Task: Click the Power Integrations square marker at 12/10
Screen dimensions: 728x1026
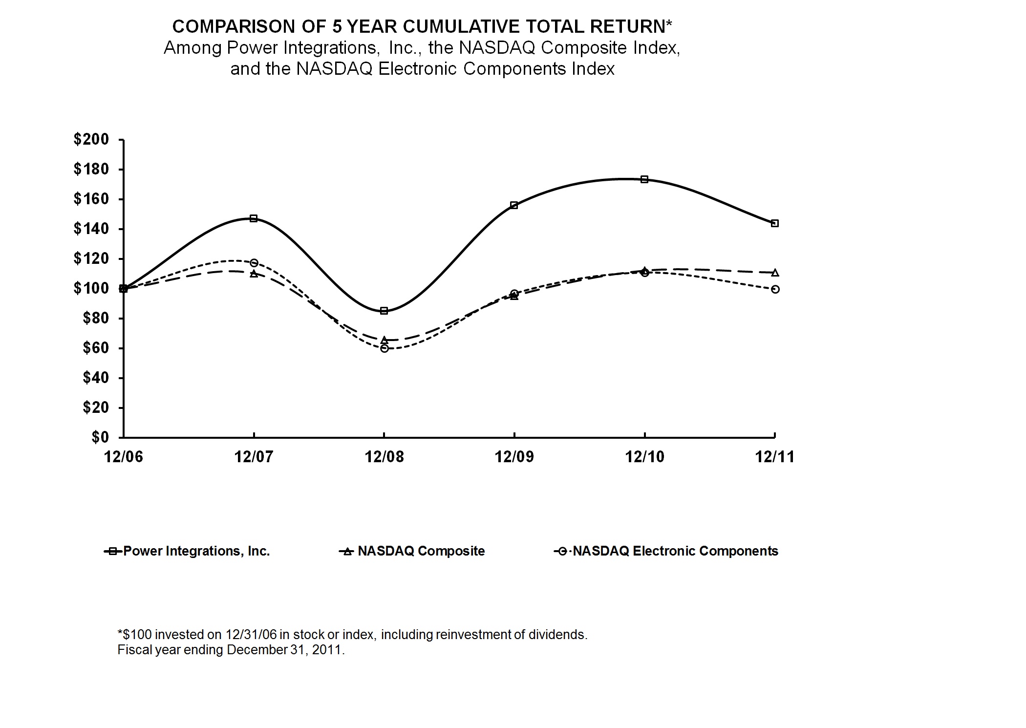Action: [x=644, y=179]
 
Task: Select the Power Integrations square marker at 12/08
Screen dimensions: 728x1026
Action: [x=384, y=311]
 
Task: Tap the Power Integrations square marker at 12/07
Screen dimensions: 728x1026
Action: [x=254, y=218]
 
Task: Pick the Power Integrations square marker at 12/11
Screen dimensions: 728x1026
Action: [x=774, y=223]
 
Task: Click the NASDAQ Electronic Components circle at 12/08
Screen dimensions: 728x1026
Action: [x=384, y=348]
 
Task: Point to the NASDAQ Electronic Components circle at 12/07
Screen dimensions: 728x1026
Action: [x=254, y=263]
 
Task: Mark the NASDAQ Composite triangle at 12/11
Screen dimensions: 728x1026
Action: [x=774, y=272]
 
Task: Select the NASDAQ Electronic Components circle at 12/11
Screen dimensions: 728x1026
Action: [x=775, y=289]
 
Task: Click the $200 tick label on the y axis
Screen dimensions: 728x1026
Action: [x=91, y=140]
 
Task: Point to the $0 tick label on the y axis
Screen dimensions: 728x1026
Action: [x=100, y=437]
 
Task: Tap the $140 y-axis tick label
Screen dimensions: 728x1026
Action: [x=91, y=229]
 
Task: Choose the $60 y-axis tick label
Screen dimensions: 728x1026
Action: [x=95, y=348]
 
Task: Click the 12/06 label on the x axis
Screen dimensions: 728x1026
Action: [x=124, y=457]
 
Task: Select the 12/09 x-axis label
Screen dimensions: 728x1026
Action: [x=514, y=457]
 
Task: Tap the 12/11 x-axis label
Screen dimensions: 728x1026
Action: [x=775, y=457]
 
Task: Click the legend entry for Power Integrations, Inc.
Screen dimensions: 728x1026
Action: [x=196, y=551]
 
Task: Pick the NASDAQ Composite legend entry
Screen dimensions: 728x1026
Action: [x=421, y=551]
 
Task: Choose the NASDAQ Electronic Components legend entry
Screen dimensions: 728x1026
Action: [x=675, y=551]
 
